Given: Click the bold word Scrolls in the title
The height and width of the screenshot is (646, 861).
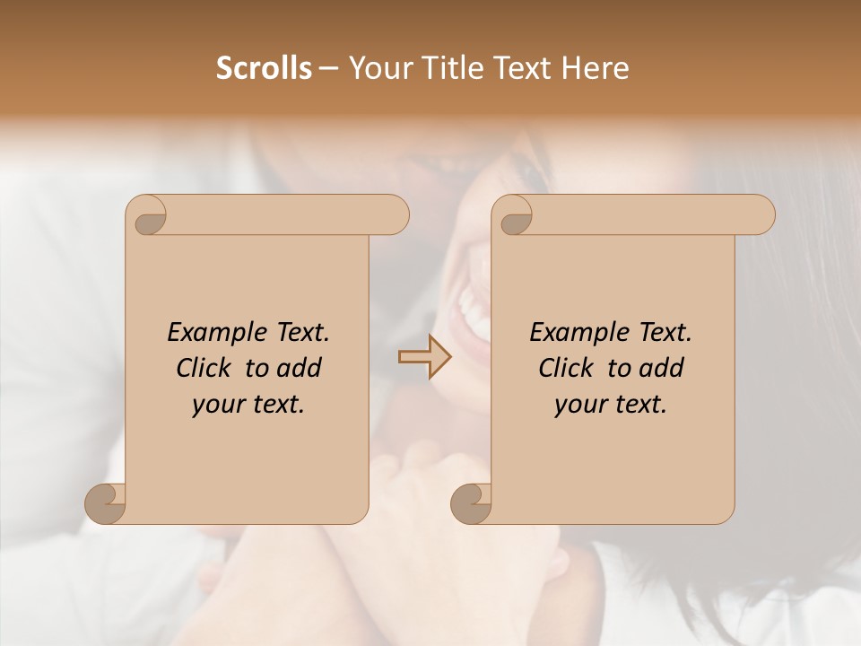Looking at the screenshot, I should (x=264, y=68).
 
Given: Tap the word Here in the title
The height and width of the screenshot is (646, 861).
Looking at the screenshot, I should (x=594, y=68).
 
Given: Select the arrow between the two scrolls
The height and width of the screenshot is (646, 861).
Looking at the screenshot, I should (x=425, y=356).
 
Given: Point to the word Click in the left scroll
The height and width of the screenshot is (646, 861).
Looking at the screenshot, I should (x=204, y=368).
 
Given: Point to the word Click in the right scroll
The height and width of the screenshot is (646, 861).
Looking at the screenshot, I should (x=566, y=368).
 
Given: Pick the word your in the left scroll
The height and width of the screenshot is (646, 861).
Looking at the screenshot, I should (x=218, y=405).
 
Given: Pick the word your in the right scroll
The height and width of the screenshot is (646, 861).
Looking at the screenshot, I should (x=580, y=405).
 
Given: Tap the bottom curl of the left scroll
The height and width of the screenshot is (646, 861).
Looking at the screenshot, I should (x=106, y=503).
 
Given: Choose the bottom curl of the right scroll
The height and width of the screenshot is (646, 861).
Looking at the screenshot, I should (x=472, y=503).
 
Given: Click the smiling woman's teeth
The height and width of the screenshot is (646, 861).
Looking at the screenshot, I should (x=470, y=310).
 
